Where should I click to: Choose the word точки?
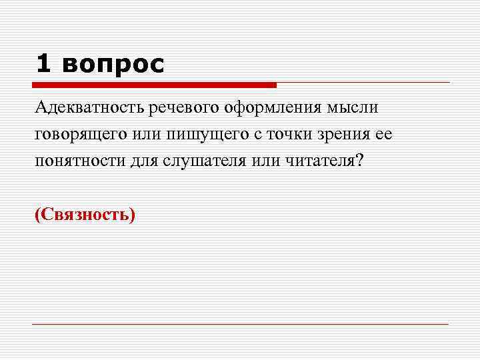(291, 135)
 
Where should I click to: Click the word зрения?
(347, 135)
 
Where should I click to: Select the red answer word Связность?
(85, 215)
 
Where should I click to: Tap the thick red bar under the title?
(154, 85)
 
